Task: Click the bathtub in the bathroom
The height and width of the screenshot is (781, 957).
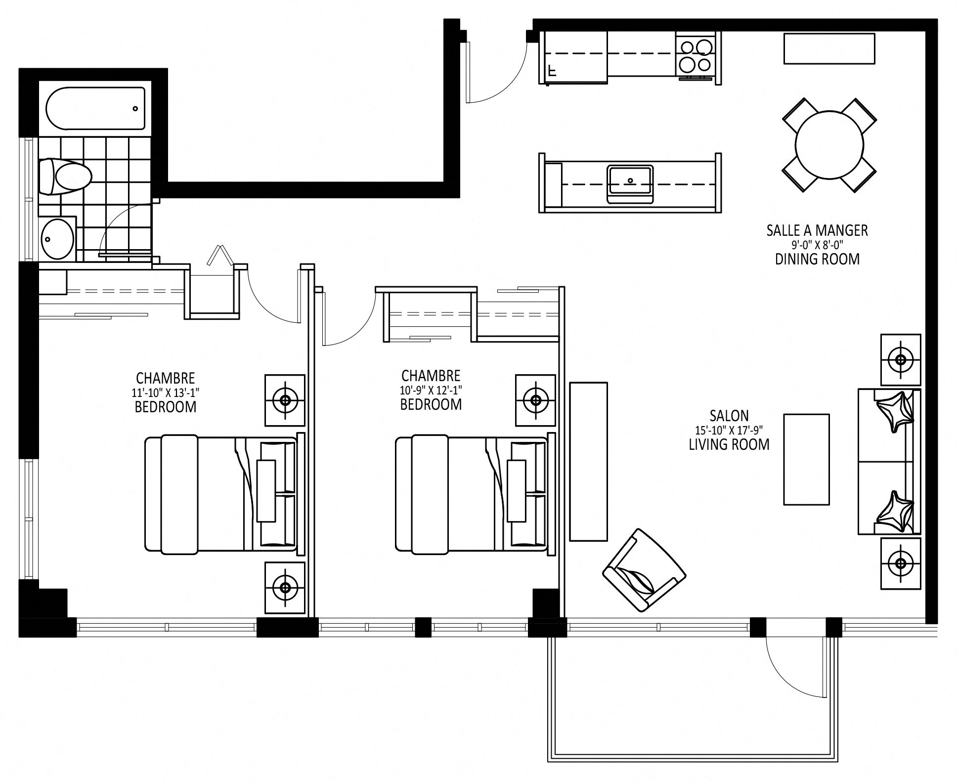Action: tap(95, 108)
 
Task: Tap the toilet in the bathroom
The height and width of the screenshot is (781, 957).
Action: tap(65, 176)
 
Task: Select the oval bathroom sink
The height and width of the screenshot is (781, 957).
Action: tap(57, 239)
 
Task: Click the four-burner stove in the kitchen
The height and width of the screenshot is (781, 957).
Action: tap(696, 55)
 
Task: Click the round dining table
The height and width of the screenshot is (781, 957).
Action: tap(829, 145)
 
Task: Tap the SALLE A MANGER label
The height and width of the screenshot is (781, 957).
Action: tap(817, 230)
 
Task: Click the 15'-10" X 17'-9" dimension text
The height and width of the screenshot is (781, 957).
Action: tap(729, 430)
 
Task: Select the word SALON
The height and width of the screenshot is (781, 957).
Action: tap(729, 415)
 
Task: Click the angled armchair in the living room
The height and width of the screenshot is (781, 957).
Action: tap(644, 570)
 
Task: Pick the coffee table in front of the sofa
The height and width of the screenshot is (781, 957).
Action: tap(806, 459)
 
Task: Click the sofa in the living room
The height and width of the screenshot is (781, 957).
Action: tap(889, 461)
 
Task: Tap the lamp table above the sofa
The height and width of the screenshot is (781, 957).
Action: tap(900, 360)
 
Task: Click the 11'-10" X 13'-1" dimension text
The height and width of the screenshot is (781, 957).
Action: tap(166, 392)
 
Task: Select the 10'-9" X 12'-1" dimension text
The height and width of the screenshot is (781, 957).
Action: tap(431, 390)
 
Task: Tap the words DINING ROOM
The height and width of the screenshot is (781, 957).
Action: tap(817, 259)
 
